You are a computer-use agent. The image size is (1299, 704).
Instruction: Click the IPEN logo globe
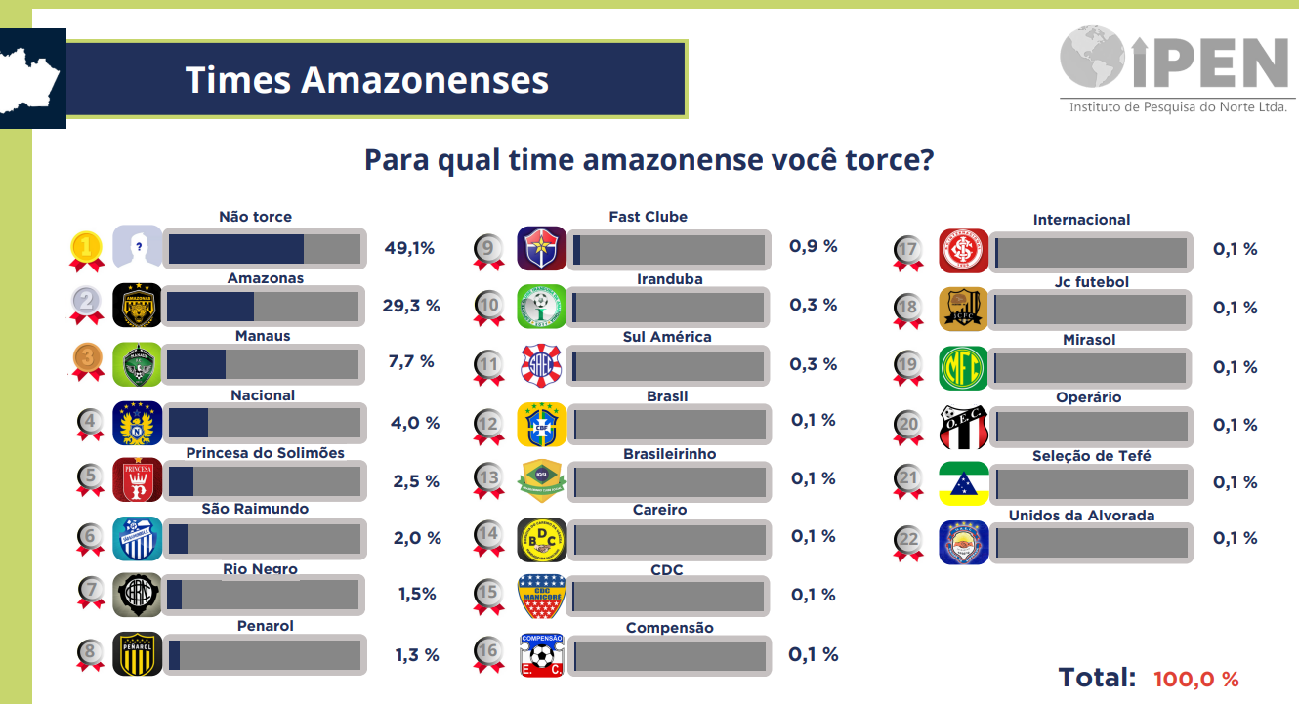[1093, 57]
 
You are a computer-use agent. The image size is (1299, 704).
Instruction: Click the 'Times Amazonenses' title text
[366, 79]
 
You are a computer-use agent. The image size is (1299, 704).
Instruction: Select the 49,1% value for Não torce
[409, 248]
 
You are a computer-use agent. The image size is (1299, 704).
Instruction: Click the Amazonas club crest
[137, 305]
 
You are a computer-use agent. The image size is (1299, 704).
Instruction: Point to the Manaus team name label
[263, 336]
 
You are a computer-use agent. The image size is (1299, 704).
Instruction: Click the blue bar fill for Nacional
[189, 423]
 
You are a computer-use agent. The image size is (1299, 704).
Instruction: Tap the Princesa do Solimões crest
[137, 479]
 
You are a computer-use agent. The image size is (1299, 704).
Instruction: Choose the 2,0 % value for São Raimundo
[417, 538]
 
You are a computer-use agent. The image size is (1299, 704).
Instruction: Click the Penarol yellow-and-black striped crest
[137, 653]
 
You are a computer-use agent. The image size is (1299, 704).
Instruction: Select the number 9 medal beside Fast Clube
[488, 253]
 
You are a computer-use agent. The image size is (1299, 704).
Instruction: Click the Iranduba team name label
[669, 279]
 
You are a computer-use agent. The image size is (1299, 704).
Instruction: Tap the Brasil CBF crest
[542, 425]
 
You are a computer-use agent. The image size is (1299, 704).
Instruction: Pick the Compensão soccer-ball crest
[542, 655]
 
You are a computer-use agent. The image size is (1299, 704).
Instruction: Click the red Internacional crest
[963, 251]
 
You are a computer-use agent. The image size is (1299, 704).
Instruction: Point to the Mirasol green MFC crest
[963, 368]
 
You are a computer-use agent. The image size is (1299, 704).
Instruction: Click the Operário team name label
[1088, 397]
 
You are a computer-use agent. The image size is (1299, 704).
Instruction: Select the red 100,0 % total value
[1195, 679]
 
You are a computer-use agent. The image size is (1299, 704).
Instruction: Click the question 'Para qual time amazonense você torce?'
[649, 159]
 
